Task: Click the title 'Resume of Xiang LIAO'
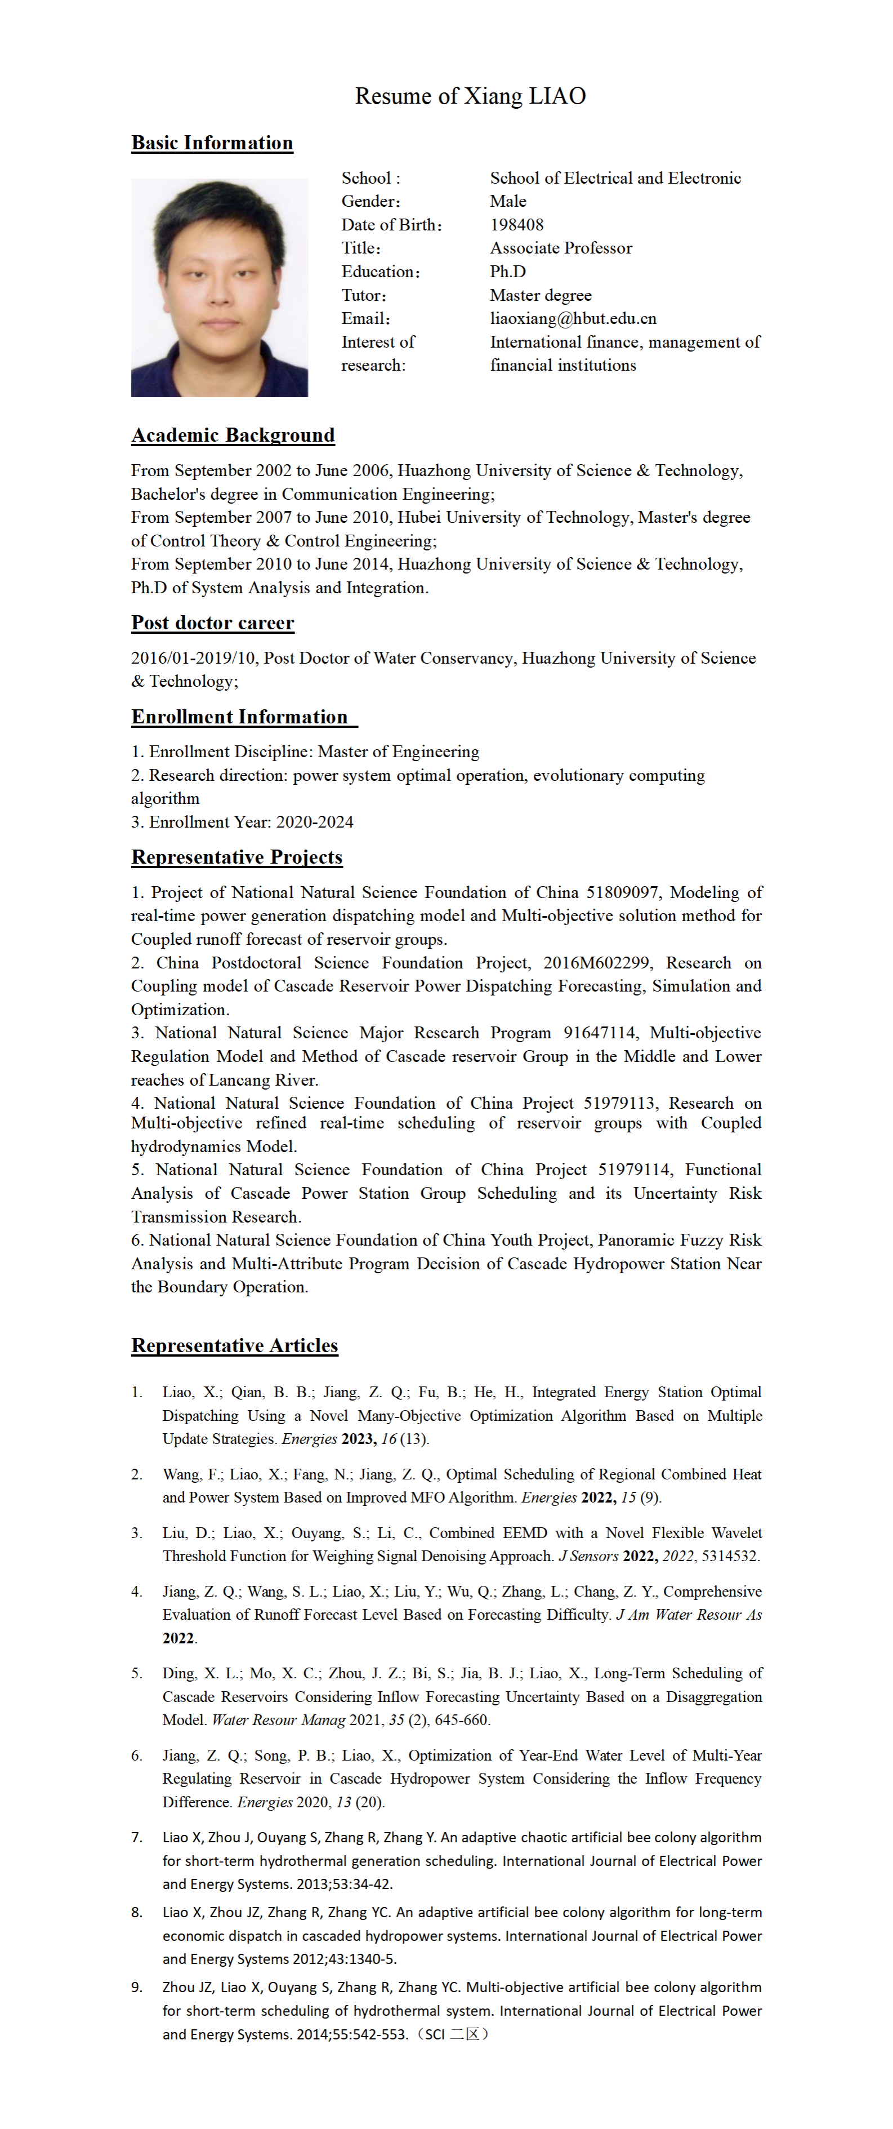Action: [x=470, y=96]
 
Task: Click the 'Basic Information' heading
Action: [x=212, y=143]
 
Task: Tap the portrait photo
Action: [x=219, y=288]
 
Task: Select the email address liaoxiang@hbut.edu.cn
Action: [x=573, y=318]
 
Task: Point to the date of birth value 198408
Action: [x=516, y=225]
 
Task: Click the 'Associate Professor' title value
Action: [x=561, y=248]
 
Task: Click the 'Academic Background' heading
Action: [x=233, y=435]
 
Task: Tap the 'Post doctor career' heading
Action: [x=212, y=623]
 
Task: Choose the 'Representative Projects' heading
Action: [x=236, y=857]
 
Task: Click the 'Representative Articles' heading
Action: [x=235, y=1345]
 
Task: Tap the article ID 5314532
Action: [x=729, y=1555]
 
